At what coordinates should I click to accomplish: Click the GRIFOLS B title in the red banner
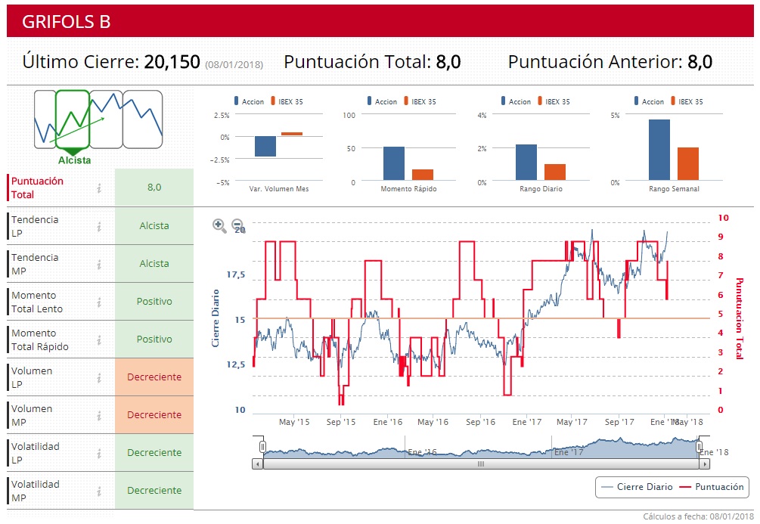pos(67,22)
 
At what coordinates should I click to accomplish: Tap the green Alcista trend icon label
pos(74,160)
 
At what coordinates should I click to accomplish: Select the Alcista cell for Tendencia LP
pos(154,226)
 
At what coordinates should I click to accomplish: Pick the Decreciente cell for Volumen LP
pos(154,377)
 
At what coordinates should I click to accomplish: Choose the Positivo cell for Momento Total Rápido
pos(154,340)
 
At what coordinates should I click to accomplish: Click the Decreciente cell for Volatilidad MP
pos(154,491)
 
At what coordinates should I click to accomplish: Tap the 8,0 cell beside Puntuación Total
pos(154,188)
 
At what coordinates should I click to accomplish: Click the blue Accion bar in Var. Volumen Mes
pos(265,146)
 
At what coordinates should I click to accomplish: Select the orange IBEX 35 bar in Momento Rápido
pos(423,174)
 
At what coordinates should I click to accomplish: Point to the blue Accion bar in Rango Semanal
pos(659,150)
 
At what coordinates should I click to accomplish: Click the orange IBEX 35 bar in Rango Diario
pos(555,172)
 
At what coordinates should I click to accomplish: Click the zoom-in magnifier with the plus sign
pos(219,225)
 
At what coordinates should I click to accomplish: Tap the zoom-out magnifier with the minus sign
pos(237,225)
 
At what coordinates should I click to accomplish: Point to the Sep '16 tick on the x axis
pos(480,422)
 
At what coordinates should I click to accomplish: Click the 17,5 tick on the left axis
pos(237,274)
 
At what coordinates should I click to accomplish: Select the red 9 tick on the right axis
pos(723,237)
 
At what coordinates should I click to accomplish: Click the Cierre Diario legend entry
pos(637,487)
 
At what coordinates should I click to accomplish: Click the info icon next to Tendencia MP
pos(99,264)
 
